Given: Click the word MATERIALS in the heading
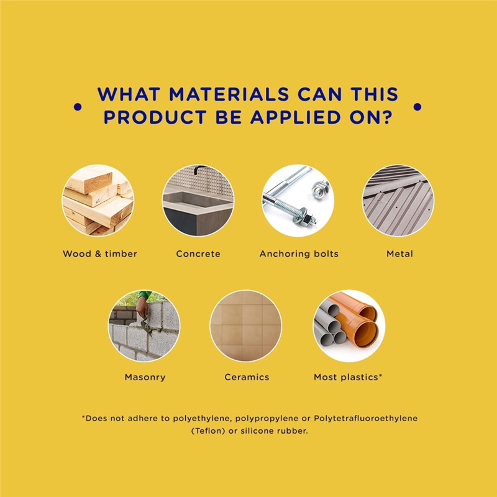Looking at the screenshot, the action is (x=229, y=94).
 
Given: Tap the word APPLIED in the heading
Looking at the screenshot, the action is (x=296, y=117).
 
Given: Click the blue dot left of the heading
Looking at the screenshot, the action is (x=78, y=107).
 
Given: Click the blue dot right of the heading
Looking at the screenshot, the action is (x=417, y=107).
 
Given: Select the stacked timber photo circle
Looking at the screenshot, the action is (x=98, y=200).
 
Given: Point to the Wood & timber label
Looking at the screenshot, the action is (x=100, y=254).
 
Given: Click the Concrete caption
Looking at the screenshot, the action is (x=198, y=254).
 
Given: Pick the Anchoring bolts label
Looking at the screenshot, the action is (x=299, y=254).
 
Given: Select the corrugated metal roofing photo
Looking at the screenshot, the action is (x=398, y=200).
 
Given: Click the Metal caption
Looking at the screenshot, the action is (x=399, y=254).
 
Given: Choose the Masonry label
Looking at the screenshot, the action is (x=145, y=377).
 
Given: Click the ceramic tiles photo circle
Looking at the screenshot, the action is (x=245, y=326).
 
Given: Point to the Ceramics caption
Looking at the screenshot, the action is (x=247, y=377).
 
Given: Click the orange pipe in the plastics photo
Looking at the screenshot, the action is (x=358, y=326).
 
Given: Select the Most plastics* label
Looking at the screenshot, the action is (x=348, y=377).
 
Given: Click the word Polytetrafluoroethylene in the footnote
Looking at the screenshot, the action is (x=365, y=419).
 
